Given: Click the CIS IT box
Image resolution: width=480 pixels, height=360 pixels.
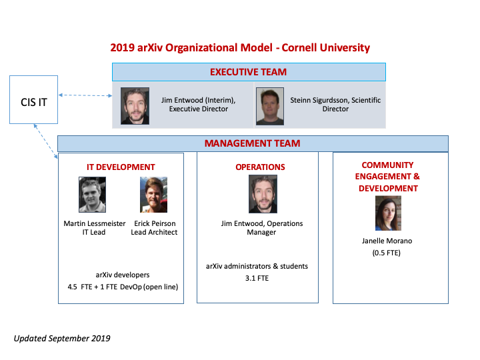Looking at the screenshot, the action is click(34, 99).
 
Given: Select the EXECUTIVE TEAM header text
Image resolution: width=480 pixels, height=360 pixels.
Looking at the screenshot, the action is click(248, 72).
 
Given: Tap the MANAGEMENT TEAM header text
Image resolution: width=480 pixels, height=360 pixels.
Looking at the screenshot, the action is click(252, 143).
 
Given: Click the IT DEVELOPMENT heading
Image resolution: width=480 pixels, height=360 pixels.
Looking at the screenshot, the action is click(121, 167).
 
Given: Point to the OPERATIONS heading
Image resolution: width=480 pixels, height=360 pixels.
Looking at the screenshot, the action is click(260, 167).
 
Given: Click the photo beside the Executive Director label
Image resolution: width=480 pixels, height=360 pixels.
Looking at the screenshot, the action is click(135, 106).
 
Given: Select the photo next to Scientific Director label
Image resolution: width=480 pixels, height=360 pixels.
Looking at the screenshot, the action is click(270, 106).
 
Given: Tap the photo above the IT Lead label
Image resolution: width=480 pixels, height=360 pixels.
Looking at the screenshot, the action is click(92, 195).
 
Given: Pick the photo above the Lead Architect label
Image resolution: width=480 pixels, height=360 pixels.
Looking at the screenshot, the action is click(154, 195).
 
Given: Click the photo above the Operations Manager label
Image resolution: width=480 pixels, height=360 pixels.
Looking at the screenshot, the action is click(263, 194).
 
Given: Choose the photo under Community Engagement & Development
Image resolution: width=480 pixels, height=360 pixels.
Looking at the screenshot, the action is click(388, 213).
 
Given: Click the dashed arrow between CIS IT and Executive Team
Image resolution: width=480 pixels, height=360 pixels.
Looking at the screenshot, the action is click(85, 95).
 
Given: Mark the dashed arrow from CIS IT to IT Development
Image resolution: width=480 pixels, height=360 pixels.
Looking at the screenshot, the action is click(45, 141).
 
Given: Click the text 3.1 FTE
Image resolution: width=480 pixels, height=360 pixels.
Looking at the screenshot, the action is click(257, 278).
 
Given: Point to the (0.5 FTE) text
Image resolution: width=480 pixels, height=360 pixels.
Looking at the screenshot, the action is click(386, 253).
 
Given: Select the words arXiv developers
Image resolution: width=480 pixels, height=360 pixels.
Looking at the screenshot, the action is click(123, 275).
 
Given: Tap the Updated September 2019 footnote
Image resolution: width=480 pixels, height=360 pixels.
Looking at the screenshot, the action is click(62, 338).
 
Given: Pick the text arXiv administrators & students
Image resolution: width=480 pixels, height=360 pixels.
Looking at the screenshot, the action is click(257, 266).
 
